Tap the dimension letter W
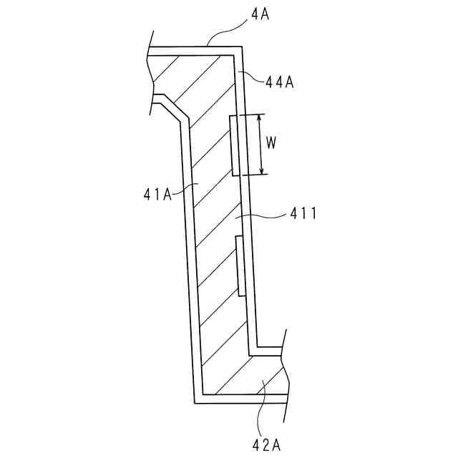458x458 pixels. tap(271, 142)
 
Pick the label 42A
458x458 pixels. tap(266, 445)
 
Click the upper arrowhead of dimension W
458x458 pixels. tap(262, 118)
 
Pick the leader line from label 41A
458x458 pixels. tap(185, 188)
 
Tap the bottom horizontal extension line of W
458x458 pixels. tap(250, 175)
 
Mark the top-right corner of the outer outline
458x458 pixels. tap(242, 48)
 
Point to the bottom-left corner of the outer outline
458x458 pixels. tap(195, 403)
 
